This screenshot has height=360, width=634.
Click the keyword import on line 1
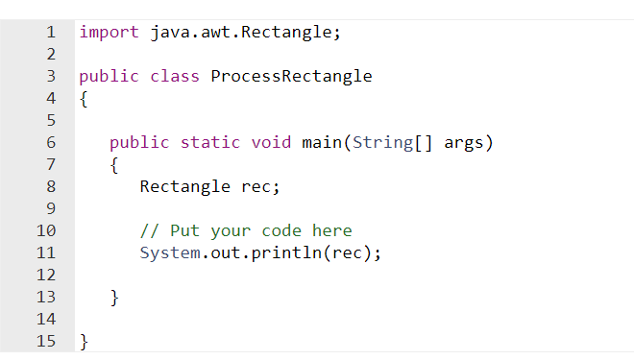click(x=109, y=33)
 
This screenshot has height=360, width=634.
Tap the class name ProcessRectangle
click(x=291, y=77)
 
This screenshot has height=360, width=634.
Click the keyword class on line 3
click(x=175, y=77)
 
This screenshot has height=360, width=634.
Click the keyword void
click(x=271, y=143)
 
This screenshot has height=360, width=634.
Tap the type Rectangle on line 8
click(x=184, y=186)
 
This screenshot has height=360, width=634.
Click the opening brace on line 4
click(x=84, y=99)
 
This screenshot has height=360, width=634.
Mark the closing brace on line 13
click(x=114, y=298)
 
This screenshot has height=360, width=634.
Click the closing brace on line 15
click(x=84, y=341)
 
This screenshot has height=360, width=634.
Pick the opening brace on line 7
click(x=114, y=165)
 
